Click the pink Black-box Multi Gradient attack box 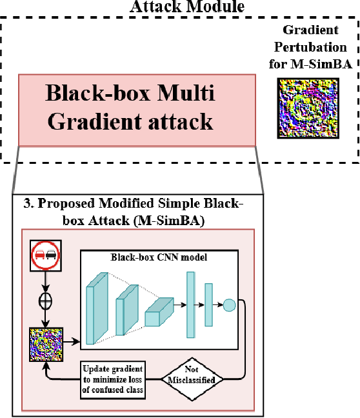(x=129, y=109)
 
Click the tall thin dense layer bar (x=190, y=304)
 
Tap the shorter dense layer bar (x=208, y=305)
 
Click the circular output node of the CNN (x=229, y=305)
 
